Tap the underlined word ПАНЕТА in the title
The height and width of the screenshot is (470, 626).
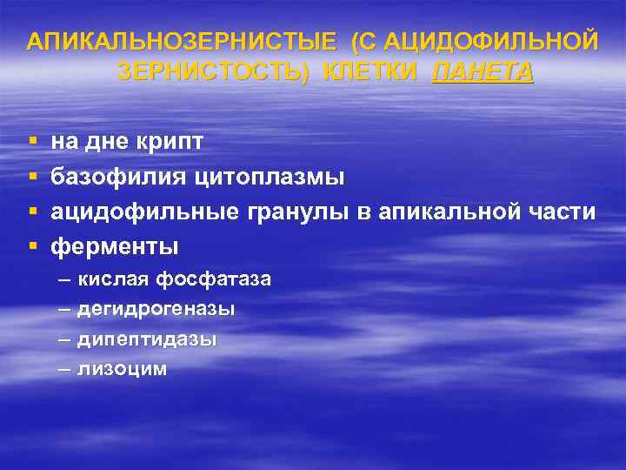point(482,71)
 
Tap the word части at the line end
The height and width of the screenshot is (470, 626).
point(562,211)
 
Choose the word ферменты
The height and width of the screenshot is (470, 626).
point(115,247)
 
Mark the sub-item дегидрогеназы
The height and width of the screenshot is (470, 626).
point(156,309)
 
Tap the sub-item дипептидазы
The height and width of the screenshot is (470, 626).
point(147,339)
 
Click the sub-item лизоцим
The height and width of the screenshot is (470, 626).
point(122,368)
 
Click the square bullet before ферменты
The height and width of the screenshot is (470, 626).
point(32,247)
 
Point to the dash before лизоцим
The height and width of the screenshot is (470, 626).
point(63,368)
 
